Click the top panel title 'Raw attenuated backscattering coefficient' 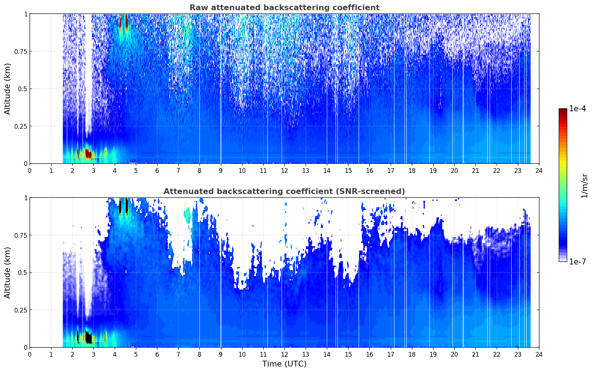coord(284,7)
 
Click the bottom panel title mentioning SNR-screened coord(284,191)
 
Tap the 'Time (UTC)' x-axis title coord(284,364)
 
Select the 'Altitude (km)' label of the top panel coord(7,89)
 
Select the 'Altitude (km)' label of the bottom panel coord(7,273)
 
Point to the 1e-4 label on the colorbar coord(577,108)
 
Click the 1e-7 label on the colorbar coord(577,262)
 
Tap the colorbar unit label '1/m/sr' coord(584,186)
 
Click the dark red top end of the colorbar coord(563,110)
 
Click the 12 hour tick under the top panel coord(284,171)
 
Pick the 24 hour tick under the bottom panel coord(539,354)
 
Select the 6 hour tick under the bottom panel coord(157,354)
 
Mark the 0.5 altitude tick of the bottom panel coord(23,272)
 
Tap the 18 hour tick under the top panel coord(412,171)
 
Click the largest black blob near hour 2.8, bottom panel coord(88,338)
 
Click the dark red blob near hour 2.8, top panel coord(88,154)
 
